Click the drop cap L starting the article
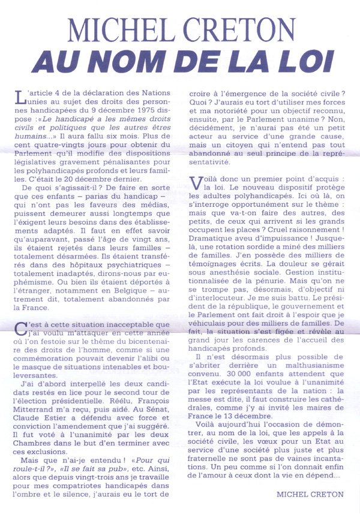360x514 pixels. click(x=22, y=97)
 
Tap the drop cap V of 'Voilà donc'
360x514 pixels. click(x=196, y=182)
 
